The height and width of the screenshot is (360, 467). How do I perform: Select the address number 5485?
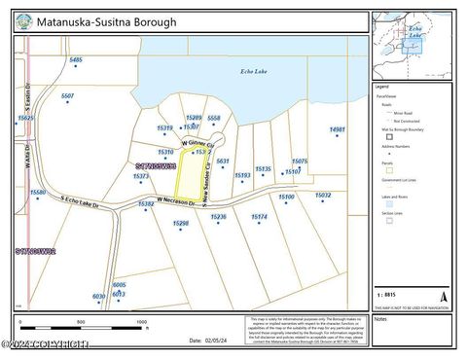(x=76, y=60)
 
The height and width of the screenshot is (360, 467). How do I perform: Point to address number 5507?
(x=68, y=96)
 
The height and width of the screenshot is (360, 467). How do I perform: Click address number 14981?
(x=337, y=129)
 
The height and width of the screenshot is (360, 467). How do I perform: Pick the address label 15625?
(x=26, y=118)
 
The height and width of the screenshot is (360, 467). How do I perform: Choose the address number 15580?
(x=38, y=193)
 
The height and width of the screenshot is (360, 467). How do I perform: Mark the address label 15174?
(x=260, y=217)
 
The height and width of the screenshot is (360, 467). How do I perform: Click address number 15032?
(x=323, y=195)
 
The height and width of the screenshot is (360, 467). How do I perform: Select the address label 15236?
(x=219, y=217)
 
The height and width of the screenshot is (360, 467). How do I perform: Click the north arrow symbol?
(x=444, y=295)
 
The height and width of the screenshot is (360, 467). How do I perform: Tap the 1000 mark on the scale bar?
(x=142, y=321)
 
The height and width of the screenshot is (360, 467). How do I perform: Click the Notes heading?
(x=380, y=318)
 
